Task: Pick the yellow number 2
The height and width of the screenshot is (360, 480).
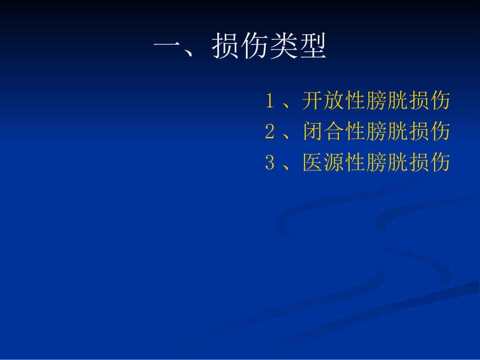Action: click(x=270, y=132)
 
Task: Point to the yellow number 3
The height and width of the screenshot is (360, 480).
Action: click(x=270, y=163)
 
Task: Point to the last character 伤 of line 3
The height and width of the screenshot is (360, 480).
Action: click(x=440, y=163)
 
